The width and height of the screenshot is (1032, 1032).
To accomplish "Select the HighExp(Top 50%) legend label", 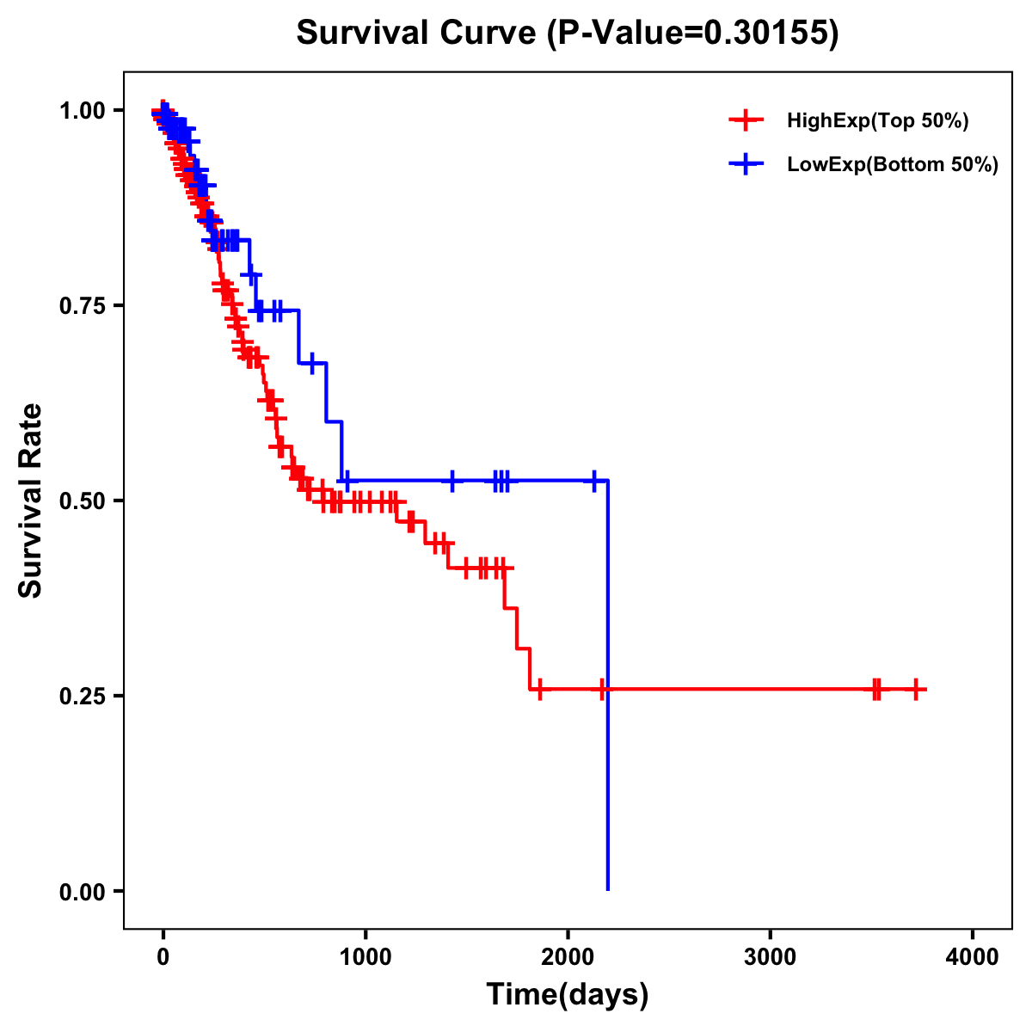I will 877,120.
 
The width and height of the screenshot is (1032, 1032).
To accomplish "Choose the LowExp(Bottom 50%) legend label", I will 893,165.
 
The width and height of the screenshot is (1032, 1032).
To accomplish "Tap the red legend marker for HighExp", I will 746,120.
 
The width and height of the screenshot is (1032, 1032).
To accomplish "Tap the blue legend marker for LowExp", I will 746,165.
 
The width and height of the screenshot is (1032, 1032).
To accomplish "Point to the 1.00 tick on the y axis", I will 82,110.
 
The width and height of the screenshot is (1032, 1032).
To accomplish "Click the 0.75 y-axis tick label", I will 82,305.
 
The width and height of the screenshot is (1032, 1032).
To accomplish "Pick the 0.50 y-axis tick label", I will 82,501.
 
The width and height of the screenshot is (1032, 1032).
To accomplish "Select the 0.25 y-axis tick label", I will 82,696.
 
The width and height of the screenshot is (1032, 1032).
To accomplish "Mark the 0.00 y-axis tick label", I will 82,891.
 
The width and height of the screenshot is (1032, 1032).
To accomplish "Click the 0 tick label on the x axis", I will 163,957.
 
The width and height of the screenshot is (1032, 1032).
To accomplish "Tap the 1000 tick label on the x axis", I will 365,957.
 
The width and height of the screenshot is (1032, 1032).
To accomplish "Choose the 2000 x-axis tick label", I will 568,957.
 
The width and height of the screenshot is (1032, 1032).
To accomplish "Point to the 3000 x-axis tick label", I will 770,957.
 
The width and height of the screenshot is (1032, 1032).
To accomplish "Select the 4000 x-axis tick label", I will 972,957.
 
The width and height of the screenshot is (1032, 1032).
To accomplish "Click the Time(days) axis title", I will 568,995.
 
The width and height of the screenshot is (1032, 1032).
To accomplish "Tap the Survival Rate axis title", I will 31,500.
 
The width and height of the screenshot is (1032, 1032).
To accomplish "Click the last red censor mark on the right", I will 916,689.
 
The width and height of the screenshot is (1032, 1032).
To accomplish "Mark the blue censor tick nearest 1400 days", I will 452,480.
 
